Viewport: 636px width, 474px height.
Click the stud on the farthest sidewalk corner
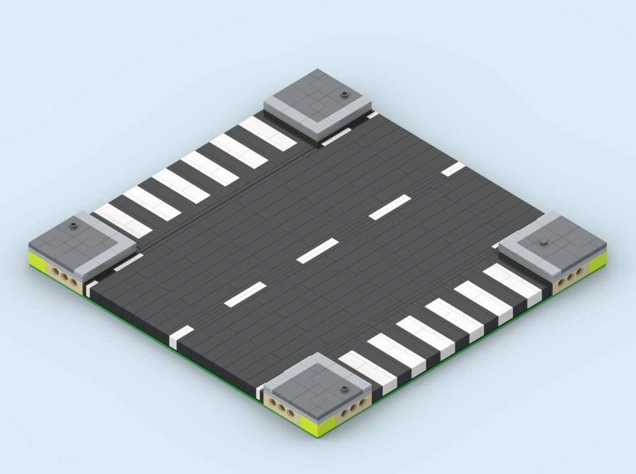pos(343,95)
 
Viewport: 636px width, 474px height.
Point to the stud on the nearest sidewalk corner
pos(341,388)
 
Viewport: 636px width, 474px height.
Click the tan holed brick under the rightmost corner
pos(569,278)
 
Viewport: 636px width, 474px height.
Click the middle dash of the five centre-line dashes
pos(317,250)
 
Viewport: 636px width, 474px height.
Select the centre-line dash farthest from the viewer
pos(453,169)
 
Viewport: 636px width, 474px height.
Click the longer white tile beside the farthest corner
pos(336,137)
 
